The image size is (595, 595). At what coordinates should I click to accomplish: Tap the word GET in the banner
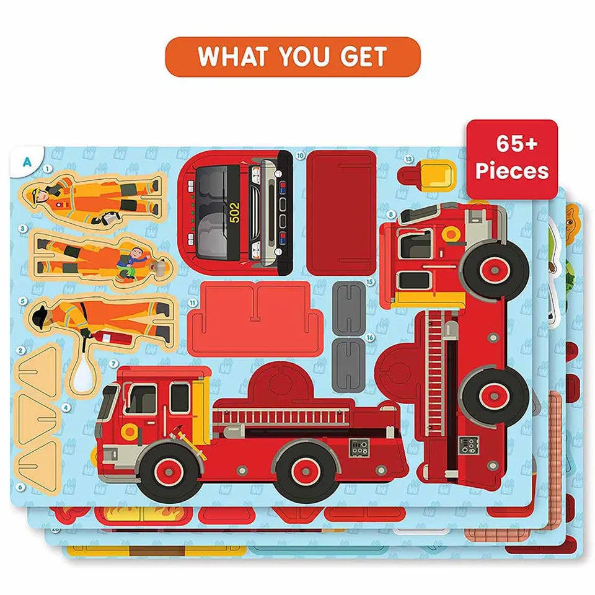pyautogui.click(x=364, y=56)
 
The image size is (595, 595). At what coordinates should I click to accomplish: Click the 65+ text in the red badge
pyautogui.click(x=517, y=143)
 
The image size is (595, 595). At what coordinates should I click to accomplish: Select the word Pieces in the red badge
pyautogui.click(x=513, y=170)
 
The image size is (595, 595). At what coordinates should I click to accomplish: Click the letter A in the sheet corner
pyautogui.click(x=27, y=162)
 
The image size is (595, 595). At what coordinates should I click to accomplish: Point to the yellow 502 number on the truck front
pyautogui.click(x=235, y=213)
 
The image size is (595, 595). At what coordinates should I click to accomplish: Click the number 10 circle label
pyautogui.click(x=300, y=156)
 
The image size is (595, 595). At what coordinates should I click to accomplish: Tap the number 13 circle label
pyautogui.click(x=408, y=159)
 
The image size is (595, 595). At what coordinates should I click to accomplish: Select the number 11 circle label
pyautogui.click(x=193, y=303)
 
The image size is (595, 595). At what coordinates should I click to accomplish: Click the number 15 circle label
pyautogui.click(x=369, y=282)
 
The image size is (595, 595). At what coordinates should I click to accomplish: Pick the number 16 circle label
pyautogui.click(x=370, y=337)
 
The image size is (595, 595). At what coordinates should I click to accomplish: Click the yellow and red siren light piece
pyautogui.click(x=426, y=175)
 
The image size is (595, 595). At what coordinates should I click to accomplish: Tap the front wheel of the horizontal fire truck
pyautogui.click(x=169, y=472)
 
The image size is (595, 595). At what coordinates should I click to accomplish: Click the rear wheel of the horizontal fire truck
pyautogui.click(x=306, y=471)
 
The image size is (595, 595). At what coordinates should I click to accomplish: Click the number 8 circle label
pyautogui.click(x=390, y=215)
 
